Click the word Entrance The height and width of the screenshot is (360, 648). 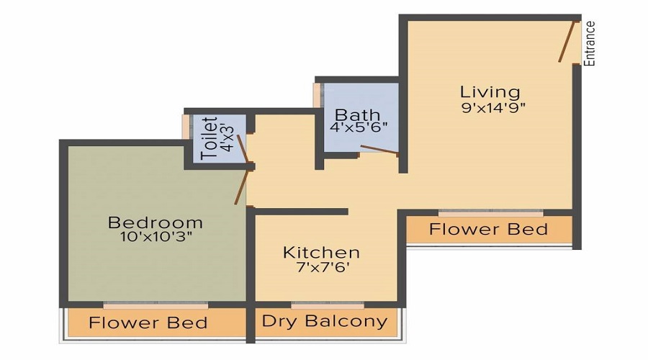tap(590, 43)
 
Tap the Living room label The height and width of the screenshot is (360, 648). tap(490, 92)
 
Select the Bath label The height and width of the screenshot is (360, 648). tap(358, 114)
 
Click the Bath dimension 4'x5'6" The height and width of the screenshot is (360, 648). tap(358, 128)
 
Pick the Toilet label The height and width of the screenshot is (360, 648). tap(210, 138)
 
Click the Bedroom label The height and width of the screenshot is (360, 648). tap(156, 222)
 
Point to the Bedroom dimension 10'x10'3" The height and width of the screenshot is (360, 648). tap(155, 235)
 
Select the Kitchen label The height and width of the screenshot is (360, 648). tap(321, 252)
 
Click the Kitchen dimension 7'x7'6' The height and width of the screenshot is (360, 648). tap(321, 267)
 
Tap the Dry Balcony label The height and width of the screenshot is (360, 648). tap(324, 321)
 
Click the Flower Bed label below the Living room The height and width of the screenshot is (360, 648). tap(488, 230)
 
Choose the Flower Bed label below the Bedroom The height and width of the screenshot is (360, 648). tap(148, 323)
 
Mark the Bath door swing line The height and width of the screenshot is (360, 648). tap(379, 150)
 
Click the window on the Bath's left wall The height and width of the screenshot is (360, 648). tap(317, 95)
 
